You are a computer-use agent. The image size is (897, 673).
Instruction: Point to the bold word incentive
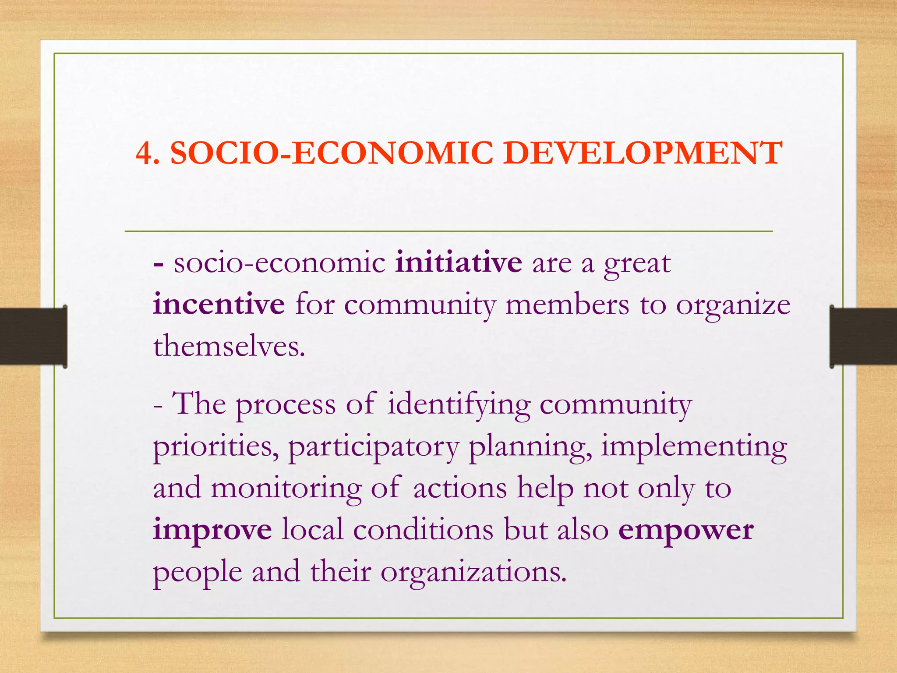[219, 304]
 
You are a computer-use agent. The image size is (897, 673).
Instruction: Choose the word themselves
[228, 346]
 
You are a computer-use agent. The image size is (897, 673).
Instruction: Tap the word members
[567, 304]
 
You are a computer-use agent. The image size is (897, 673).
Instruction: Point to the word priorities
[215, 447]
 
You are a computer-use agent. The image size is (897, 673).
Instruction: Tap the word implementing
[694, 447]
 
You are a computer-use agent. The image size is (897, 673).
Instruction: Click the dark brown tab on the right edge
[863, 336]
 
